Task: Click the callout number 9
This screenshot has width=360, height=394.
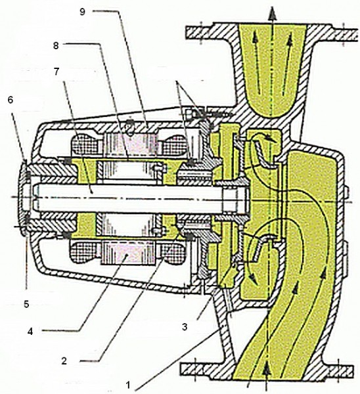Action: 83,12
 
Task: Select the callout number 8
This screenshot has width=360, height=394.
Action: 56,46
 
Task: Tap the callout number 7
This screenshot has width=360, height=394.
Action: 56,72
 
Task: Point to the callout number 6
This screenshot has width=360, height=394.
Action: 10,100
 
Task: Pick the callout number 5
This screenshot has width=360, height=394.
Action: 26,305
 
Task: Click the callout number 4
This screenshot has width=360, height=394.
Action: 30,332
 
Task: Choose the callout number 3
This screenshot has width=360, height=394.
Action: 185,327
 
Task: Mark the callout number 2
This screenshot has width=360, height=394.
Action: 64,361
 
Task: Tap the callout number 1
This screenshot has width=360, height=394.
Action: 129,385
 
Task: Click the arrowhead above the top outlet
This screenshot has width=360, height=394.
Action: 272,14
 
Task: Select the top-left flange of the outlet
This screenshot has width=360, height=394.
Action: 199,32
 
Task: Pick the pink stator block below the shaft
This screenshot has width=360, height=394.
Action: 128,252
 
